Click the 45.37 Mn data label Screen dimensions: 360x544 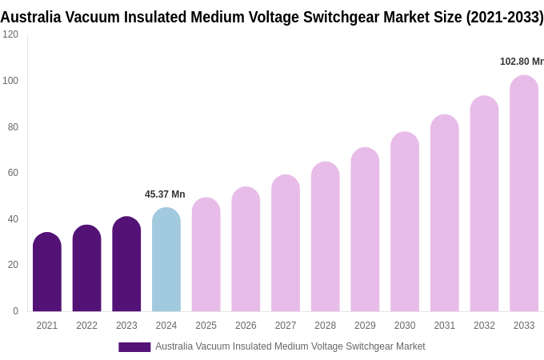click(165, 194)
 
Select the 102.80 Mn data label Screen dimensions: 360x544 click(521, 62)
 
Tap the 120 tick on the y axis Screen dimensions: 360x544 click(10, 34)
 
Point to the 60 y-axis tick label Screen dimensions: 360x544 click(13, 173)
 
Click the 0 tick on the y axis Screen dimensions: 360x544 click(15, 311)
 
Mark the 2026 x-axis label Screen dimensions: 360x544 click(246, 326)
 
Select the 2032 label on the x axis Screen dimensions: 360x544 click(484, 326)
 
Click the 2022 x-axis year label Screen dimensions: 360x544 click(86, 326)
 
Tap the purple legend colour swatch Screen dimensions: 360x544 click(134, 347)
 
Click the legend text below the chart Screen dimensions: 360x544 click(290, 346)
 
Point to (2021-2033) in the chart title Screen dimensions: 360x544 click(505, 17)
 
